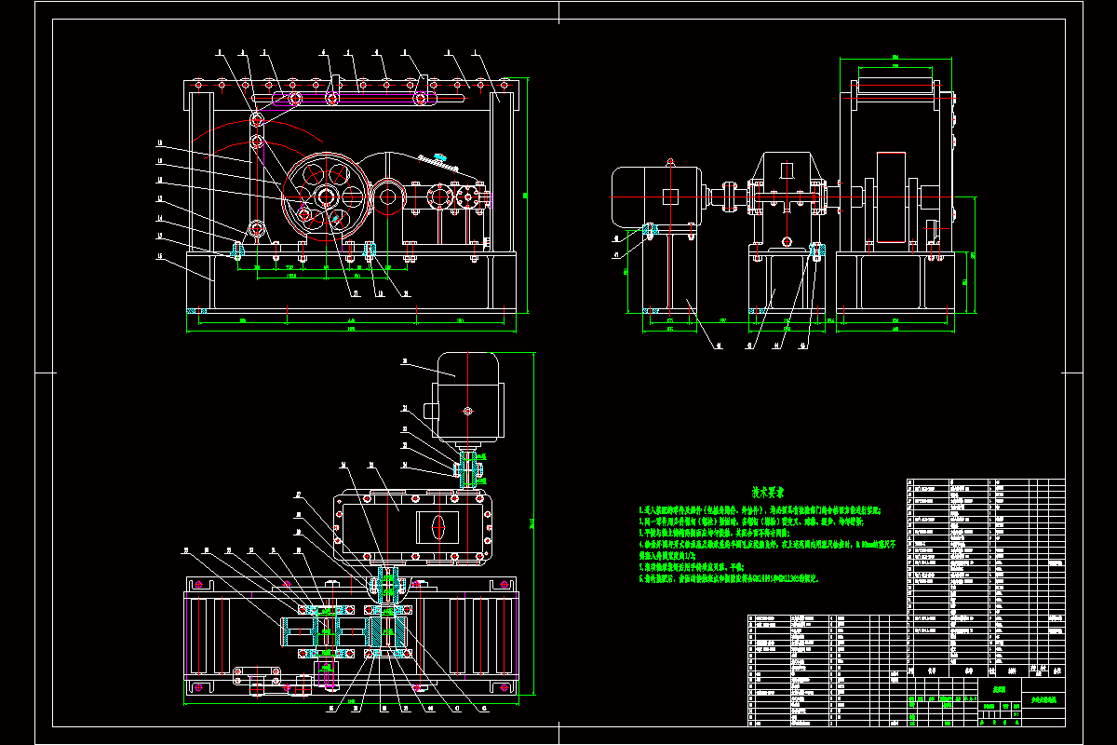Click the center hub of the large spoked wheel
(x=325, y=196)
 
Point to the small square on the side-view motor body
(x=671, y=196)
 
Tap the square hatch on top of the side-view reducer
(x=787, y=170)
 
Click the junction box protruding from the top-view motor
(x=430, y=410)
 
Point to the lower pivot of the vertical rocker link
(x=256, y=227)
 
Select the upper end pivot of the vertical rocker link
(x=256, y=119)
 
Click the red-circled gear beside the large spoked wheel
(x=386, y=196)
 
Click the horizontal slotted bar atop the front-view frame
(x=372, y=94)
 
